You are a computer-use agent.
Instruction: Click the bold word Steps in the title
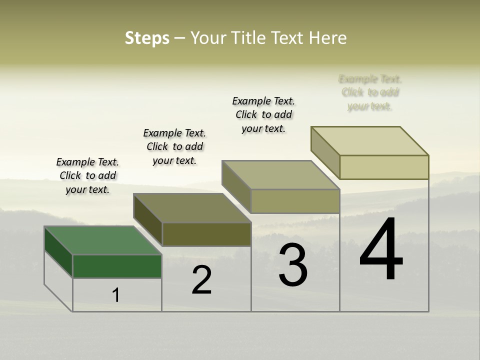pyautogui.click(x=147, y=38)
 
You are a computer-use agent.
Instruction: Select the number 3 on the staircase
pyautogui.click(x=293, y=265)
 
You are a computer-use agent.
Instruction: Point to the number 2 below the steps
pyautogui.click(x=201, y=280)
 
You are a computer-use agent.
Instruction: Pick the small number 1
pyautogui.click(x=116, y=295)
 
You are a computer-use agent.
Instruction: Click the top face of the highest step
pyautogui.click(x=370, y=141)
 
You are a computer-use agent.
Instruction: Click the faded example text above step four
pyautogui.click(x=370, y=92)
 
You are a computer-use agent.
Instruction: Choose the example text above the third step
pyautogui.click(x=263, y=114)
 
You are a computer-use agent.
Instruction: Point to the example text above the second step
pyautogui.click(x=174, y=146)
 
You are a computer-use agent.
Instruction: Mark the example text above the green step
pyautogui.click(x=87, y=175)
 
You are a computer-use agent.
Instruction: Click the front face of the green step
pyautogui.click(x=117, y=266)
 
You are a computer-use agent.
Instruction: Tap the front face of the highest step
pyautogui.click(x=384, y=167)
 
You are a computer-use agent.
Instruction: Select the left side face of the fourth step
pyautogui.click(x=325, y=151)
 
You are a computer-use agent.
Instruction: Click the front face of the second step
pyautogui.click(x=206, y=234)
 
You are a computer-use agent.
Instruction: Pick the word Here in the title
pyautogui.click(x=328, y=38)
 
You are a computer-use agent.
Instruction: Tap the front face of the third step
pyautogui.click(x=295, y=201)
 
